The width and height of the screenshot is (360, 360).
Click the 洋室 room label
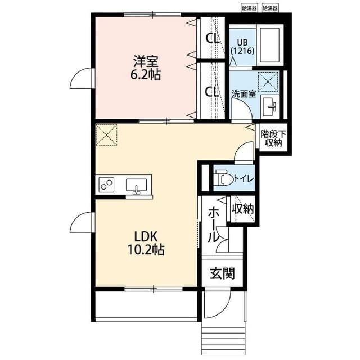[x=147, y=60]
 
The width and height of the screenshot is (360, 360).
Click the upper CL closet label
[x=212, y=39]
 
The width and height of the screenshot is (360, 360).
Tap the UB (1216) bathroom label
[x=242, y=46]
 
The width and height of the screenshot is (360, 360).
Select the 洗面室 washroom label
[x=244, y=94]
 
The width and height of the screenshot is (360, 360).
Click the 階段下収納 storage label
[x=274, y=138]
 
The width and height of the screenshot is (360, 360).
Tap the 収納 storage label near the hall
[x=244, y=209]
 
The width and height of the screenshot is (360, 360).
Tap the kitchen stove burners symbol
[x=107, y=184]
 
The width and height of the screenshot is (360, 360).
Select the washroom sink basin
[x=271, y=105]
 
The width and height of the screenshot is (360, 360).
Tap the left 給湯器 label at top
[x=249, y=8]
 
